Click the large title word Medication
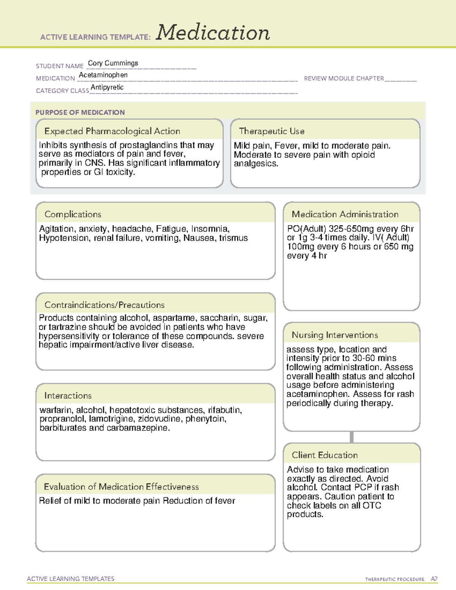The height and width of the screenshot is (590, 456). [213, 33]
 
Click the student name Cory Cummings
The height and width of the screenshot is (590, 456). [113, 63]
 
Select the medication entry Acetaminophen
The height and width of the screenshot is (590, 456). [103, 75]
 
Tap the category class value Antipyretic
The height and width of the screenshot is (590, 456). [107, 87]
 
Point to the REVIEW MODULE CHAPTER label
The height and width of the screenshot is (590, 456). [344, 78]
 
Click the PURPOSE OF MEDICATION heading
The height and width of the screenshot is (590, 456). [80, 112]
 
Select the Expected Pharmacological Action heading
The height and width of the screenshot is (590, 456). [112, 131]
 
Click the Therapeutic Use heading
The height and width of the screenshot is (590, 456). [272, 131]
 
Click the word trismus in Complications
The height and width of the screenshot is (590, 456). [233, 238]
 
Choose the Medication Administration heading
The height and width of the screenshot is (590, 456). [345, 214]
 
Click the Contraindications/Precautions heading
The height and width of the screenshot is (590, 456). [104, 305]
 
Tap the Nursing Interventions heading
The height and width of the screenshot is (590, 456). [335, 335]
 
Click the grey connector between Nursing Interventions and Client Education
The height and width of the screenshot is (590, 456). [351, 437]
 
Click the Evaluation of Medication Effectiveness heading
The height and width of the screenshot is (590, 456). [121, 487]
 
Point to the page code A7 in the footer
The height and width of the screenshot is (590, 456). [434, 579]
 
